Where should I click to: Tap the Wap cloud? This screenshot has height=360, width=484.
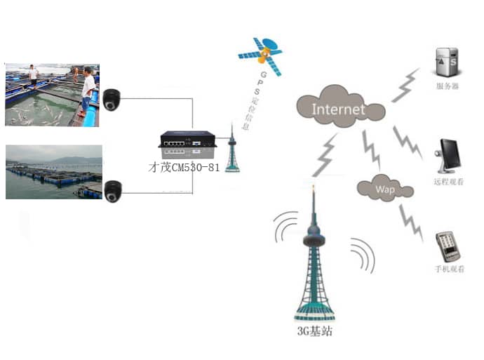[x=383, y=188]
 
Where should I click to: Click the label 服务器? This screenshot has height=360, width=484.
[x=447, y=87]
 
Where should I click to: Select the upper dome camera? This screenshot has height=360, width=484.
[x=112, y=100]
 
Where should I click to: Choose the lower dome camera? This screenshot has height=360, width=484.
[x=112, y=191]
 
